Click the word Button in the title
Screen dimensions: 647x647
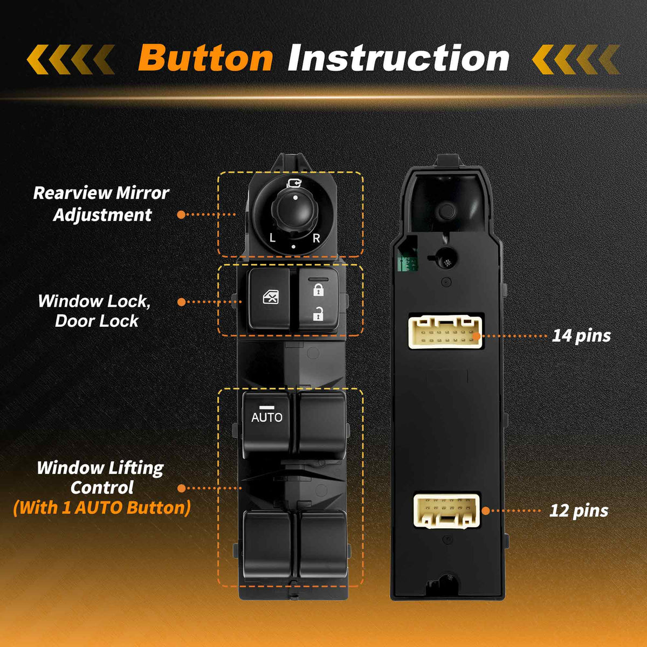[x=205, y=58]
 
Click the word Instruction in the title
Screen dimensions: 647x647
[x=398, y=58]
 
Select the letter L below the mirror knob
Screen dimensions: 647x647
[x=272, y=238]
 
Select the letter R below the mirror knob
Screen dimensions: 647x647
[x=316, y=238]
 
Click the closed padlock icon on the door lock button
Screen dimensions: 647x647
[x=318, y=290]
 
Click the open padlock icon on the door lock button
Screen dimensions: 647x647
[x=318, y=314]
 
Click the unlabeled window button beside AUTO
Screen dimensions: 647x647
[x=322, y=424]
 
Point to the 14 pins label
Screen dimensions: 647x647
[x=581, y=335]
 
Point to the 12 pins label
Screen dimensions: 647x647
[x=579, y=511]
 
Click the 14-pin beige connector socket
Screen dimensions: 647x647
[x=445, y=332]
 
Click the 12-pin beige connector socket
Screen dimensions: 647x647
[x=446, y=511]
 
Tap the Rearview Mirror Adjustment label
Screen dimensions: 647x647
[x=101, y=204]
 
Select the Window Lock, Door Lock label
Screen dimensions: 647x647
[x=95, y=311]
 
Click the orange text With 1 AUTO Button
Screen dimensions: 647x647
[x=102, y=507]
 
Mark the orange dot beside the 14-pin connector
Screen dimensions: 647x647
[x=477, y=336]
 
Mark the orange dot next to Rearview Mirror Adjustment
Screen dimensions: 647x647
[x=181, y=215]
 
